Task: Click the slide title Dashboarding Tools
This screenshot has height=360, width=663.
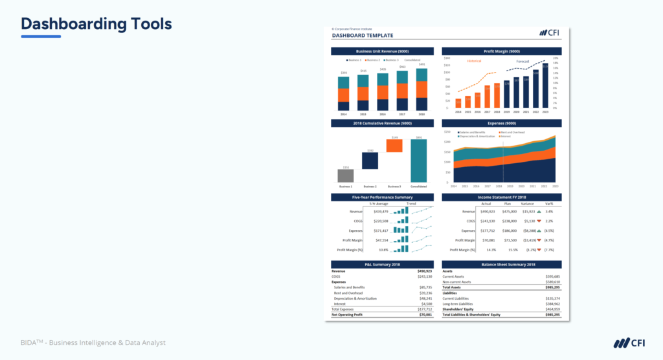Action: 96,24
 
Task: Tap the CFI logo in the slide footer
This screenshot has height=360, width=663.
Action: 626,343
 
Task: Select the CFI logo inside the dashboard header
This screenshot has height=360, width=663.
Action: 549,32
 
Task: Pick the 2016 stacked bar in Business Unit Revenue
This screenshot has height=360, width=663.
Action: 383,93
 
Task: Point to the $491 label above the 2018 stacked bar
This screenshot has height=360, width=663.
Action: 421,65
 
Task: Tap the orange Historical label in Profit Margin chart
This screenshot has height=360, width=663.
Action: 475,61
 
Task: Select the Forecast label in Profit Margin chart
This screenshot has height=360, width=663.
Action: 522,62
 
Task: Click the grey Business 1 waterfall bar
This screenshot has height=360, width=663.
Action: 346,175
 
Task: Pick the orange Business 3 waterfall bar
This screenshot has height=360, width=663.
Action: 394,146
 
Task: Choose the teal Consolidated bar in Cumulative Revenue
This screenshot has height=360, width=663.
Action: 419,161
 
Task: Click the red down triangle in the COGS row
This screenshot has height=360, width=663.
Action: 539,221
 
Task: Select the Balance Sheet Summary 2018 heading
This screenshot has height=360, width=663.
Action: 502,264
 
